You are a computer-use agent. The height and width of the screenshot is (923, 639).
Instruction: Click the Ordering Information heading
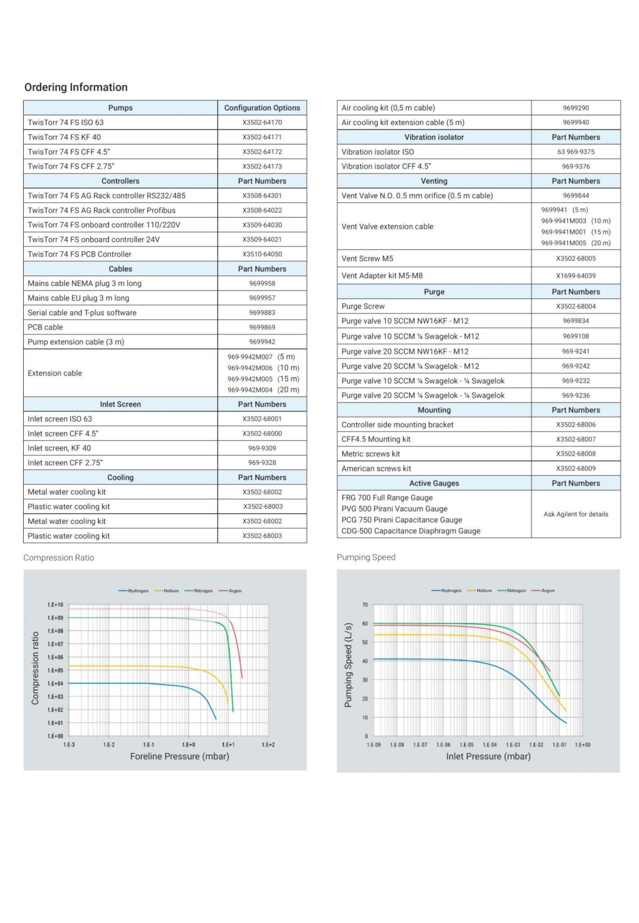pyautogui.click(x=76, y=87)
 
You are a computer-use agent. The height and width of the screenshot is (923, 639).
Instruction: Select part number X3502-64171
pyautogui.click(x=262, y=137)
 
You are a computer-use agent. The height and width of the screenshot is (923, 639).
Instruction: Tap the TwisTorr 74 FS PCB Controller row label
pyautogui.click(x=80, y=254)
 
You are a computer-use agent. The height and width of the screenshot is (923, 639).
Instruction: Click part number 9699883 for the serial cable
pyautogui.click(x=262, y=313)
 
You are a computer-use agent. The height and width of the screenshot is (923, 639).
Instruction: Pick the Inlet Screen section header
pyautogui.click(x=120, y=404)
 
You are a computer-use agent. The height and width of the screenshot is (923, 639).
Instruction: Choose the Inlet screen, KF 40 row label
pyautogui.click(x=59, y=449)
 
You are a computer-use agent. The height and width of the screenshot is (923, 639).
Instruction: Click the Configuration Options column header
pyautogui.click(x=262, y=108)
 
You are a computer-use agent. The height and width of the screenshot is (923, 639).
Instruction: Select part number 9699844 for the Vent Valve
pyautogui.click(x=575, y=196)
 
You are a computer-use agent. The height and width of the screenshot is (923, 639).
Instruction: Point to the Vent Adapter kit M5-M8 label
pyautogui.click(x=382, y=275)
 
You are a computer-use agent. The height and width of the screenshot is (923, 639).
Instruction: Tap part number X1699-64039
pyautogui.click(x=575, y=275)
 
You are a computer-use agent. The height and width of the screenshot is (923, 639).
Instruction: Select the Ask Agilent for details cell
pyautogui.click(x=575, y=514)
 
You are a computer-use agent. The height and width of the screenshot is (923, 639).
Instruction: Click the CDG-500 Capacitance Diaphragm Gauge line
pyautogui.click(x=410, y=531)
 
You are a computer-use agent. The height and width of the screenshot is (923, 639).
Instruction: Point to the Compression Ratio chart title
pyautogui.click(x=59, y=558)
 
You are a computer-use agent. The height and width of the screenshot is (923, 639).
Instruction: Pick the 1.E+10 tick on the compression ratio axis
pyautogui.click(x=55, y=605)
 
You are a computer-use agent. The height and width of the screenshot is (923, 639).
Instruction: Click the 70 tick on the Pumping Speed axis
pyautogui.click(x=365, y=605)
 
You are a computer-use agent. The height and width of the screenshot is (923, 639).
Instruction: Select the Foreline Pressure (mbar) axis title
pyautogui.click(x=180, y=756)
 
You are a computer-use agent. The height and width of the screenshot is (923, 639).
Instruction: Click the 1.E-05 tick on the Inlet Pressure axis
pyautogui.click(x=466, y=745)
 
